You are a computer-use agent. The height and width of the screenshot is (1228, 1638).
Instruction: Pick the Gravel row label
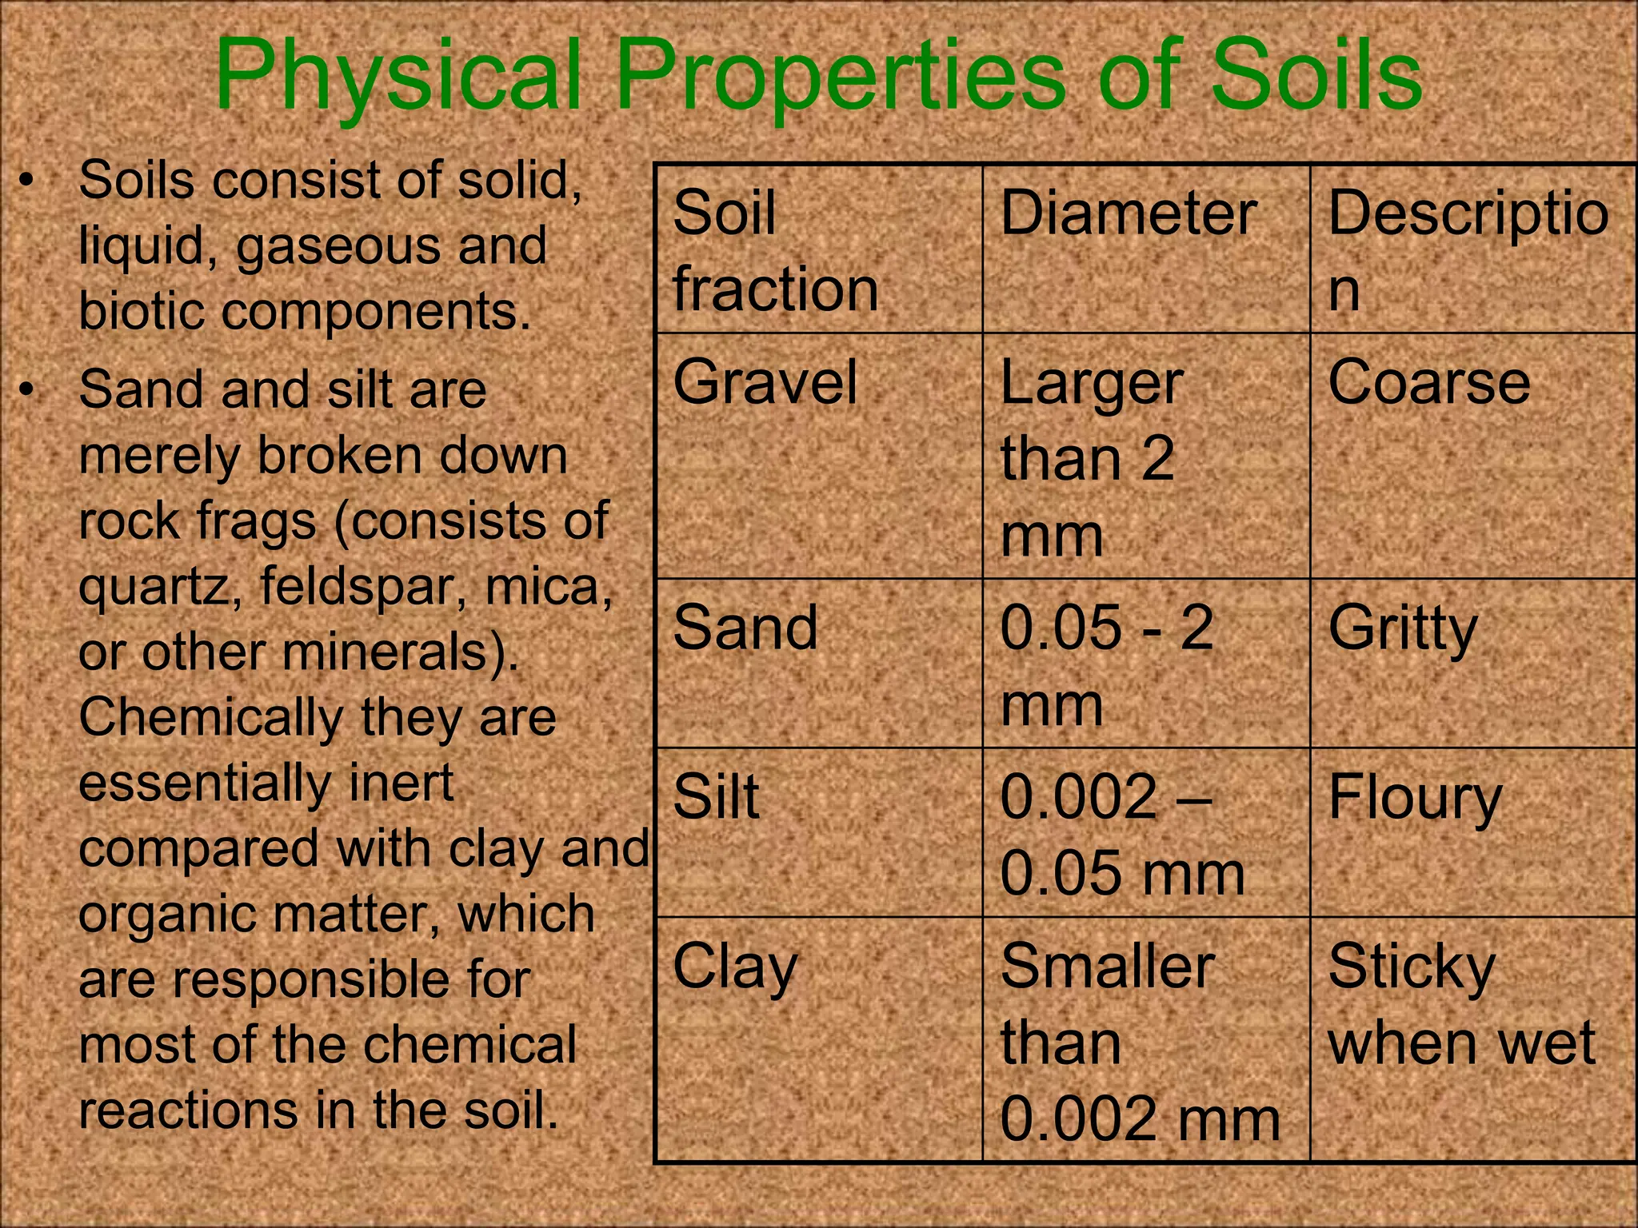pos(765,382)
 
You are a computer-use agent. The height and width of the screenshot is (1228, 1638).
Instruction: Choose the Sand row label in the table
pos(745,628)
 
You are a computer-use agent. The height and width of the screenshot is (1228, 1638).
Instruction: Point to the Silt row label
pos(716,797)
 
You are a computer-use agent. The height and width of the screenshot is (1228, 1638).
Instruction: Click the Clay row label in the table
pos(735,967)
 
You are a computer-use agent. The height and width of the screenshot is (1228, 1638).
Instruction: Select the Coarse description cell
pos(1428,382)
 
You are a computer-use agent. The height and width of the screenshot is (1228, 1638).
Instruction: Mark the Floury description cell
pos(1415,799)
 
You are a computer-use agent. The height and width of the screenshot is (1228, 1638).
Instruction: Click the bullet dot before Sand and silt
pos(29,390)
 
